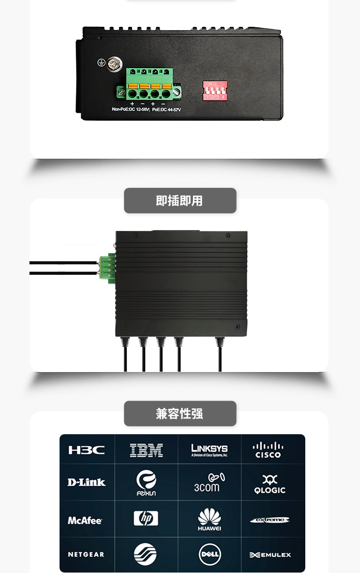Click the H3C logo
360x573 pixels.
[x=86, y=450]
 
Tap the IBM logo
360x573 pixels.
[x=146, y=450]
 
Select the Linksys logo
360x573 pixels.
[x=209, y=450]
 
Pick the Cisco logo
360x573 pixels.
[x=268, y=450]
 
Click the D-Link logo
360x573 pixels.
[x=86, y=482]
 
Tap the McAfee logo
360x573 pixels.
[x=85, y=520]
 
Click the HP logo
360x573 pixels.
[x=146, y=518]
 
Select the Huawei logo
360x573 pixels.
[x=209, y=520]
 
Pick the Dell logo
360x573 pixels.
[x=210, y=555]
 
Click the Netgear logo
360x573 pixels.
[x=86, y=554]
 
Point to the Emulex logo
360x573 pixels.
[x=270, y=555]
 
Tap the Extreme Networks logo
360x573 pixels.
[x=270, y=520]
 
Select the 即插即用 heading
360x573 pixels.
[x=180, y=201]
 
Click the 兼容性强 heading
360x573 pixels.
[x=180, y=414]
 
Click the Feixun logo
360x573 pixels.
[x=146, y=483]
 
